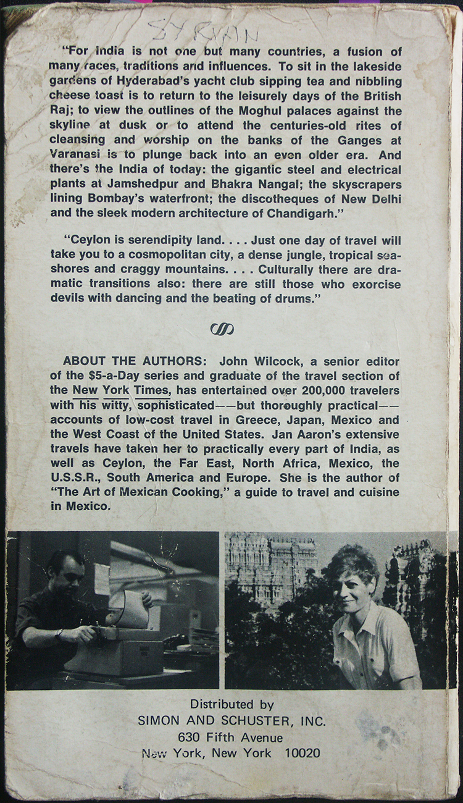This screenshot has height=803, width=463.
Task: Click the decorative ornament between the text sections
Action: [222, 329]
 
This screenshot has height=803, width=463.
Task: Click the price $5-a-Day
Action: [112, 375]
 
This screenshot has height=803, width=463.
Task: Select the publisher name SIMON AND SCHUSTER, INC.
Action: [232, 721]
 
